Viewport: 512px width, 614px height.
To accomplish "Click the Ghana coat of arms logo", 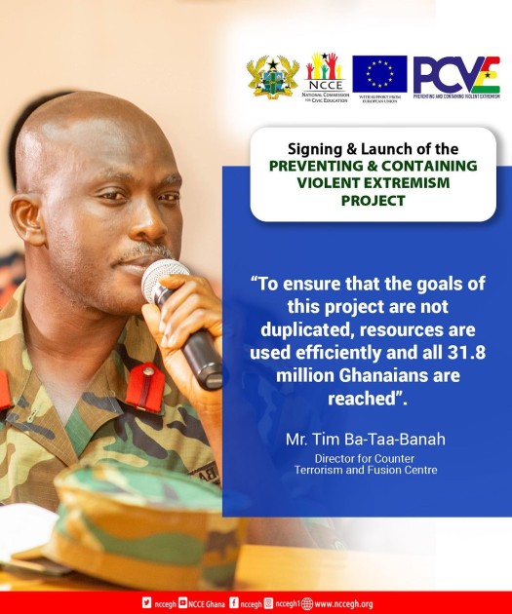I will click(x=272, y=76).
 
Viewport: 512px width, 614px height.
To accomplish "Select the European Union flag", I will click(x=379, y=72).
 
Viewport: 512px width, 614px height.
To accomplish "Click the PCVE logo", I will click(x=455, y=75).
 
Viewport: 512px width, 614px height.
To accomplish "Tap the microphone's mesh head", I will click(x=163, y=277).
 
